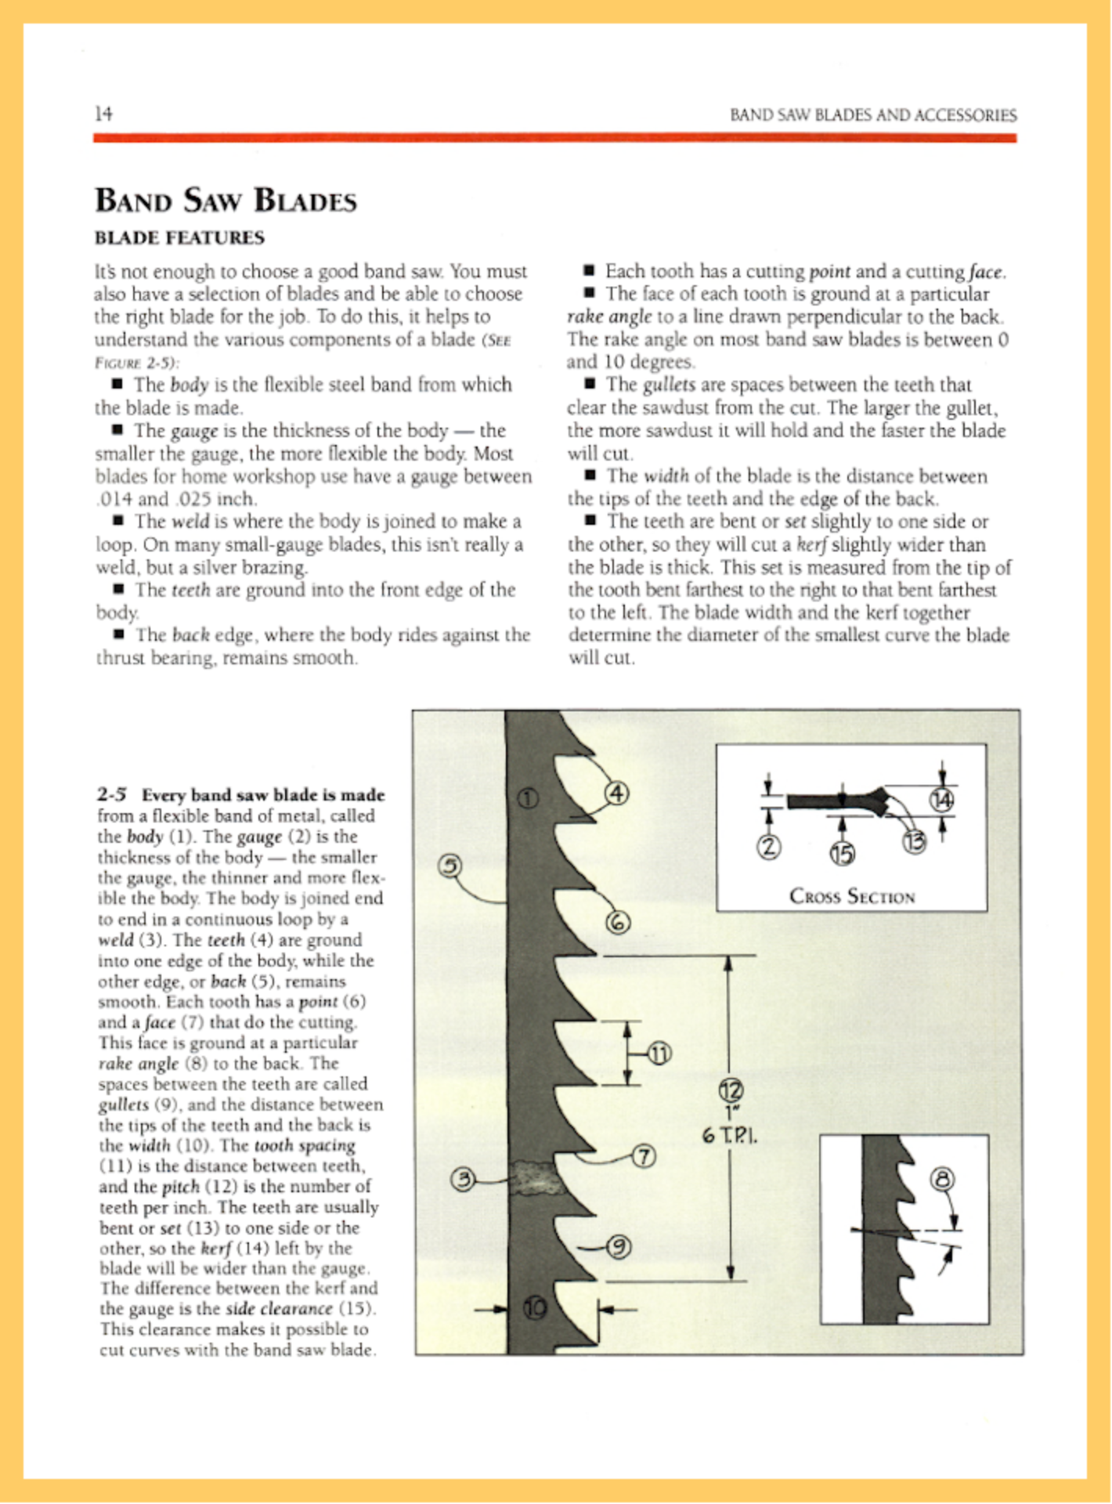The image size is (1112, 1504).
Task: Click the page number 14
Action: tap(103, 114)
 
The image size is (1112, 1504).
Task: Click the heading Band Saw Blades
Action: tap(226, 201)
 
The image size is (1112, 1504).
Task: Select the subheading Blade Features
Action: tap(179, 237)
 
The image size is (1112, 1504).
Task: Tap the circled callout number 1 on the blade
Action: tap(529, 798)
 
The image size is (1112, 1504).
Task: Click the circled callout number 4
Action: tap(617, 793)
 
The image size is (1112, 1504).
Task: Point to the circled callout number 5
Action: tap(449, 866)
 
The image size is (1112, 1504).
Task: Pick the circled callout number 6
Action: tap(618, 923)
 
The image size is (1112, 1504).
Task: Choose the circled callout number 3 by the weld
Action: tap(464, 1179)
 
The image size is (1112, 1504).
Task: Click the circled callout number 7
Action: tap(643, 1156)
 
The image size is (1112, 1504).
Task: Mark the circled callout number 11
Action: tap(659, 1054)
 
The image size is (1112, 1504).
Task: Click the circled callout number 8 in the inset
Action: tap(943, 1179)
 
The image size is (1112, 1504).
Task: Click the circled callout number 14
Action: tap(941, 799)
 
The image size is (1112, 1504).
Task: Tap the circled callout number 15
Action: tap(842, 853)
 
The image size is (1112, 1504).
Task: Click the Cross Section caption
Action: tap(851, 896)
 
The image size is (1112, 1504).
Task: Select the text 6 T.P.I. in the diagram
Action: tap(729, 1134)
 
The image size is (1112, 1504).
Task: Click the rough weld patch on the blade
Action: tap(538, 1177)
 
